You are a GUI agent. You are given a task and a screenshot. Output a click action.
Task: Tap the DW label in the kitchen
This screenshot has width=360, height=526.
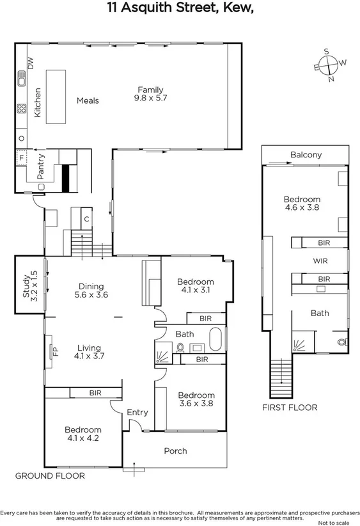point(29,62)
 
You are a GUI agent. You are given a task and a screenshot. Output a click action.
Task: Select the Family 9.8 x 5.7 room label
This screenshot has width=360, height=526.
point(149,94)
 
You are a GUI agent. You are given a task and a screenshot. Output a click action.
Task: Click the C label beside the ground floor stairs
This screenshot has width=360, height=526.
point(86,218)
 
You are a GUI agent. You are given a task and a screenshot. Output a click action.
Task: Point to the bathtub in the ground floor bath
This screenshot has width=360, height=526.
point(215,339)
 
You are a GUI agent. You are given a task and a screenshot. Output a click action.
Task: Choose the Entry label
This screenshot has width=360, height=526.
point(137,413)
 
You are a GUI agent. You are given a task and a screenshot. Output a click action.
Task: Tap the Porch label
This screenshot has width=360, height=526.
point(176,451)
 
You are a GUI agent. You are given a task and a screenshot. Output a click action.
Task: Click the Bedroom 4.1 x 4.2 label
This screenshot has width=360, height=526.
point(82,434)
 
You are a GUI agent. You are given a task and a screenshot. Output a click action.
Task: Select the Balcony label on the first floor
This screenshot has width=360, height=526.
point(306,155)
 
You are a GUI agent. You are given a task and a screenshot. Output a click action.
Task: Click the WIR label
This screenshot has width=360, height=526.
point(320,261)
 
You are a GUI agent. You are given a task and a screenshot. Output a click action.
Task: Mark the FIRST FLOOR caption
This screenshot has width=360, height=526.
point(290,407)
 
